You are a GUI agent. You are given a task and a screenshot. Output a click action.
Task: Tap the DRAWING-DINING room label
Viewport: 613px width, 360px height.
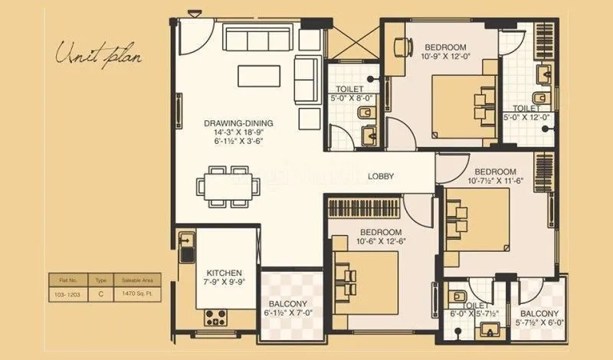[x=238, y=123]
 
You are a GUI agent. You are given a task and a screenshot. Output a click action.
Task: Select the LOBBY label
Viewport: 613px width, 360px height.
[x=381, y=176]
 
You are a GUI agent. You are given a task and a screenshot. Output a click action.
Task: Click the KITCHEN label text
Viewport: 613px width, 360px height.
[x=225, y=273]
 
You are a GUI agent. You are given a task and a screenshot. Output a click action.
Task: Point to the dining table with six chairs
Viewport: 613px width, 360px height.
[x=228, y=185]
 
